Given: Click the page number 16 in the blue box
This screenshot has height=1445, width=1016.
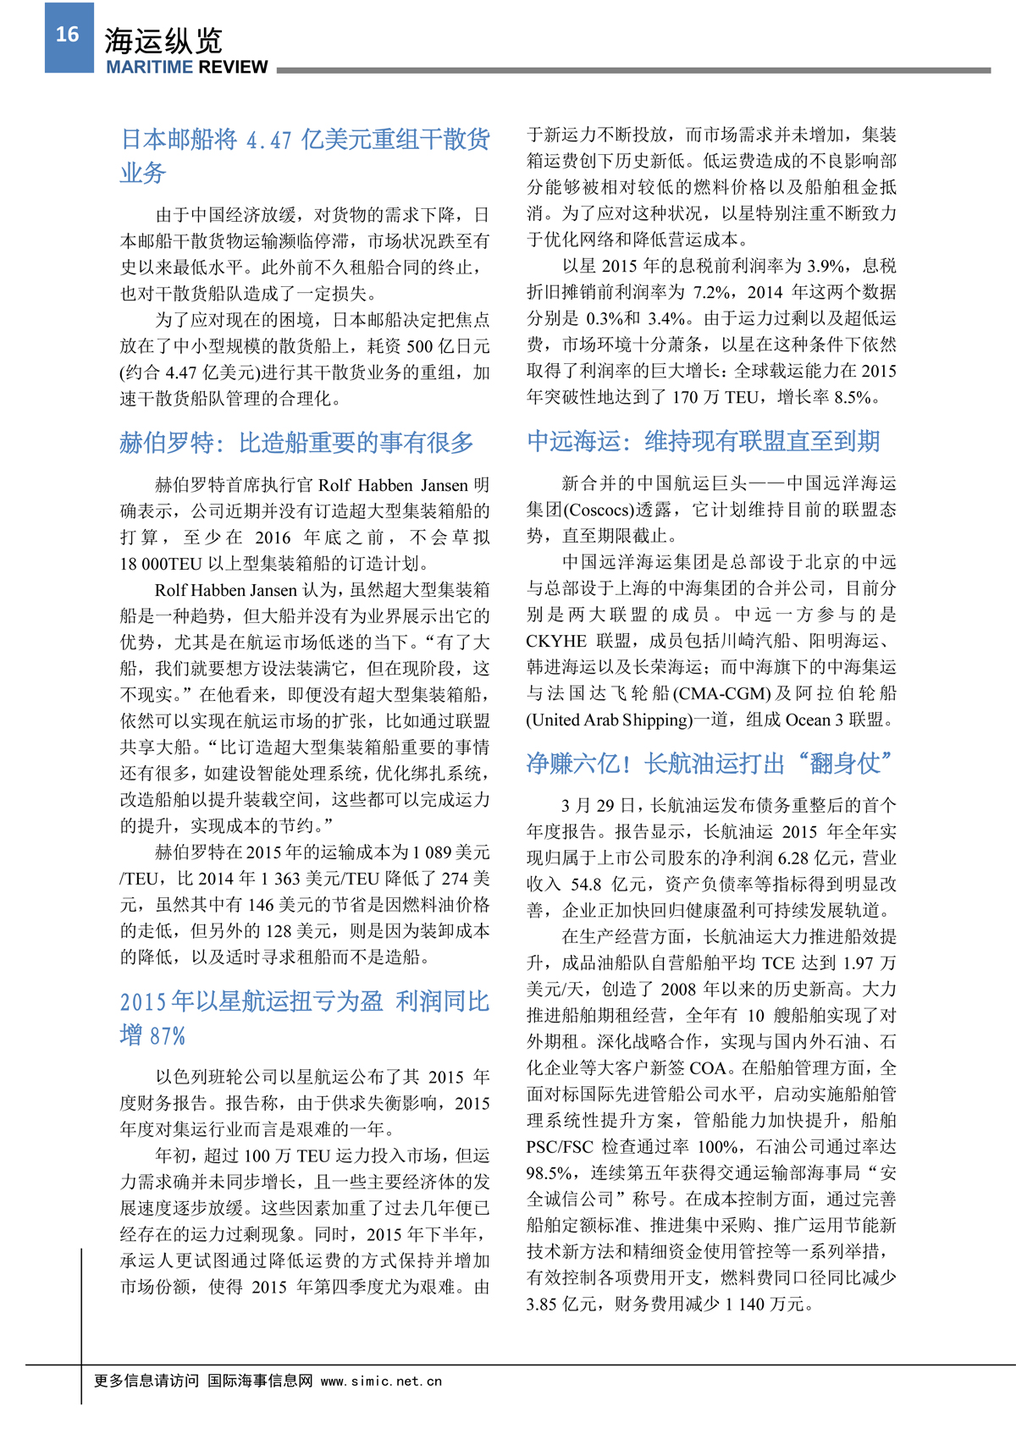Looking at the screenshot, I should click(x=68, y=35).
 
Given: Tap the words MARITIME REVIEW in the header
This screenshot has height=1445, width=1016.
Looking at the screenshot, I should click(x=186, y=68).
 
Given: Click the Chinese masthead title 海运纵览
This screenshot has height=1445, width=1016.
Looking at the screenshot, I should click(x=163, y=40).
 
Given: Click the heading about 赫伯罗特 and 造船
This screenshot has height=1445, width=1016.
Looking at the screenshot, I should click(x=296, y=443).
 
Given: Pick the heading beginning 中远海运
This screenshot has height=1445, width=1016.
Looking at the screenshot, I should click(x=703, y=441).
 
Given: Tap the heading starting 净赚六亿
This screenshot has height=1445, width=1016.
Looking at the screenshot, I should click(x=710, y=764).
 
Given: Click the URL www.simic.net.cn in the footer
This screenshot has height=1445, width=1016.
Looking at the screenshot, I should click(x=381, y=1381).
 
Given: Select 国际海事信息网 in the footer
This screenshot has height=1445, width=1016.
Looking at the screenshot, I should click(x=260, y=1381).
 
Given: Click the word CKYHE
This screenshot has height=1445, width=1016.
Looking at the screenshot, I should click(x=556, y=641).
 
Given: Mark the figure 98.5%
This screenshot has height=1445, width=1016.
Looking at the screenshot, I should click(x=548, y=1173).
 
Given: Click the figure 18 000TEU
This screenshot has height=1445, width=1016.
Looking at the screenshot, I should click(x=161, y=564).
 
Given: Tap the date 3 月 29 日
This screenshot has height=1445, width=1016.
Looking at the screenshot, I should click(x=602, y=805).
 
